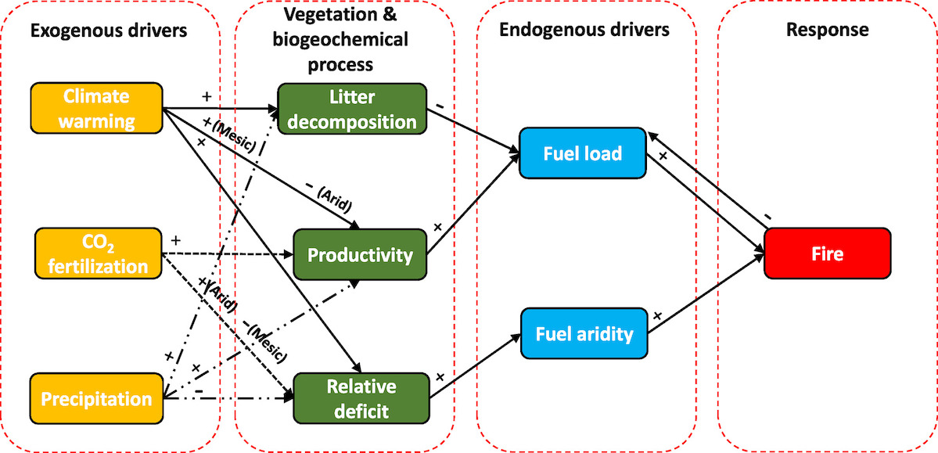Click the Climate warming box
pos(96,109)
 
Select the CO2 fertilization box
pos(96,253)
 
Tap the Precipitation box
pos(96,399)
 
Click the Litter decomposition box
pos(351,109)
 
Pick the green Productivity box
pos(359,255)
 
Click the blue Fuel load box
pos(580,153)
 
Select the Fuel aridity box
pos(584,334)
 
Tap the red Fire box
pos(827,254)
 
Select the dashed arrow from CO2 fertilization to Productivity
pos(227,254)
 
